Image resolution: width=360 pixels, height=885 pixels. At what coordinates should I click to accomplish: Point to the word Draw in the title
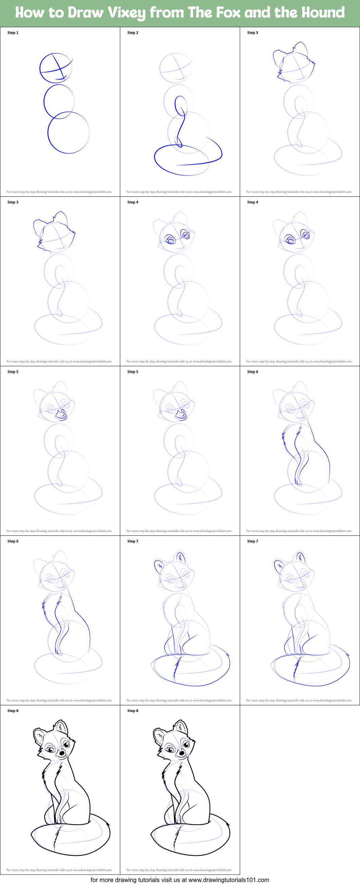point(85,13)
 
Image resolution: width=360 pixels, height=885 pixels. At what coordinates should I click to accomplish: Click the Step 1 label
point(13,33)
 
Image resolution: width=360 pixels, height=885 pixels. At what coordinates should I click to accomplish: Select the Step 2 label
point(132,33)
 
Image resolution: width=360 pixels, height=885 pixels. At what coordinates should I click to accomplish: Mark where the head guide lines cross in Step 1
point(61,70)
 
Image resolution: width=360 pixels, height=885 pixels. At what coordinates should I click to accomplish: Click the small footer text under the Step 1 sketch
point(59,192)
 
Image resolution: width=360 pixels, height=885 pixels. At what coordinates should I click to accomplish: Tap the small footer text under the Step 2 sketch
point(179,192)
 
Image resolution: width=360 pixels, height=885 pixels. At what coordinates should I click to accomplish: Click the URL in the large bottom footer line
point(229,880)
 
